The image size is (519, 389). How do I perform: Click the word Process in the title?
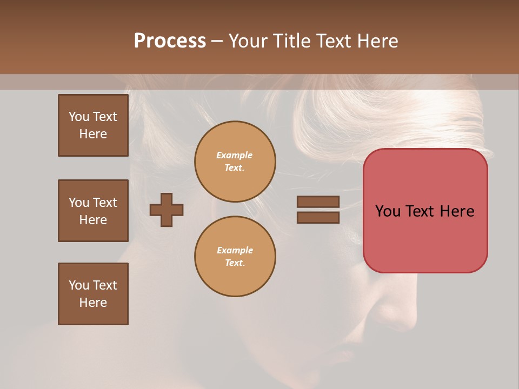coord(170,41)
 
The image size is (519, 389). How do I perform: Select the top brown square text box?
coord(93,125)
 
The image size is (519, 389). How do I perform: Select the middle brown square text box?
coord(93,211)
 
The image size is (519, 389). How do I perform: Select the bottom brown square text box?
coord(93,294)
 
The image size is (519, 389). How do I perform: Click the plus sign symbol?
coord(167,210)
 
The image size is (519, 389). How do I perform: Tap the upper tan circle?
coord(235,162)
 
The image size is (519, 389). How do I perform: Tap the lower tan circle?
coord(235,257)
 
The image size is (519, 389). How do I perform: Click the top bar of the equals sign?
coord(318,202)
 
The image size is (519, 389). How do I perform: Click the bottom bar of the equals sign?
coord(318,217)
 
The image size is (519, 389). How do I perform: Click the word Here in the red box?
coord(457,211)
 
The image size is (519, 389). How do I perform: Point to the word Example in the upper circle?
coord(235,155)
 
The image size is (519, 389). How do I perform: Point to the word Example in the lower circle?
coord(235,250)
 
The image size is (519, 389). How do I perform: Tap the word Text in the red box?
coord(421,211)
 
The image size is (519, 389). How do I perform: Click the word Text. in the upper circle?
coord(235,168)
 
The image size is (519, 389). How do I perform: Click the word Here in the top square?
coord(93,134)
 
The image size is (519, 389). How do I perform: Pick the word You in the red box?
coord(388,211)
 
